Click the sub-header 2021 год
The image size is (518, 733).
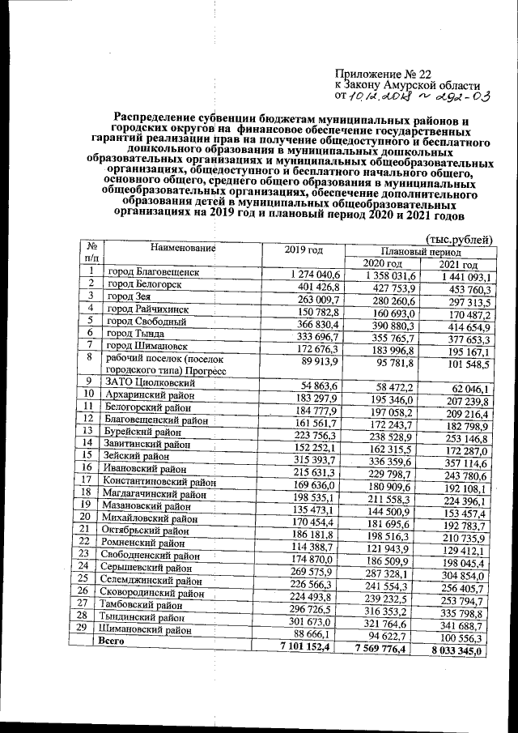pos(458,266)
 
